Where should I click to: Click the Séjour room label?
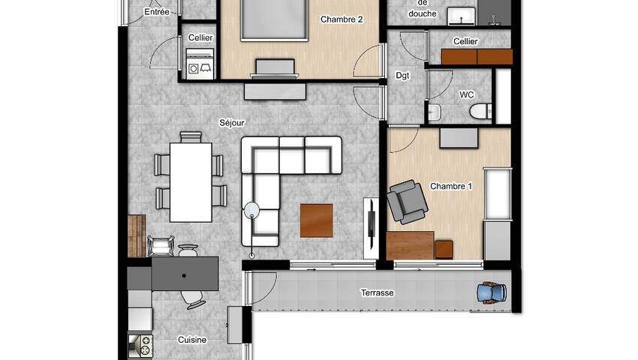pos(232,122)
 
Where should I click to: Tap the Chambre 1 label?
pos(451,186)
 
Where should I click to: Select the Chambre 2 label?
pos(342,19)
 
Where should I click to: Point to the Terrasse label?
pos(378,292)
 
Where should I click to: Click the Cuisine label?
pos(192,340)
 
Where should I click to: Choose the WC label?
pos(467,94)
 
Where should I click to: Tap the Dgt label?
pos(402,76)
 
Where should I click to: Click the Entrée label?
pos(157,12)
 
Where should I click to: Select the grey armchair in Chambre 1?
pos(407,202)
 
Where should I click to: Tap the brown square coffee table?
pos(317,220)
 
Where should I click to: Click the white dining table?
pos(191,182)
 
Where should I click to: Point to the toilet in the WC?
pos(480,111)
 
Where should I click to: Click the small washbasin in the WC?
pos(434,112)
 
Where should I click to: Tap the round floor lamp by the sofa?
pos(251,210)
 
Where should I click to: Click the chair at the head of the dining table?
pos(191,137)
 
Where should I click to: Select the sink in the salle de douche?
pos(462,16)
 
